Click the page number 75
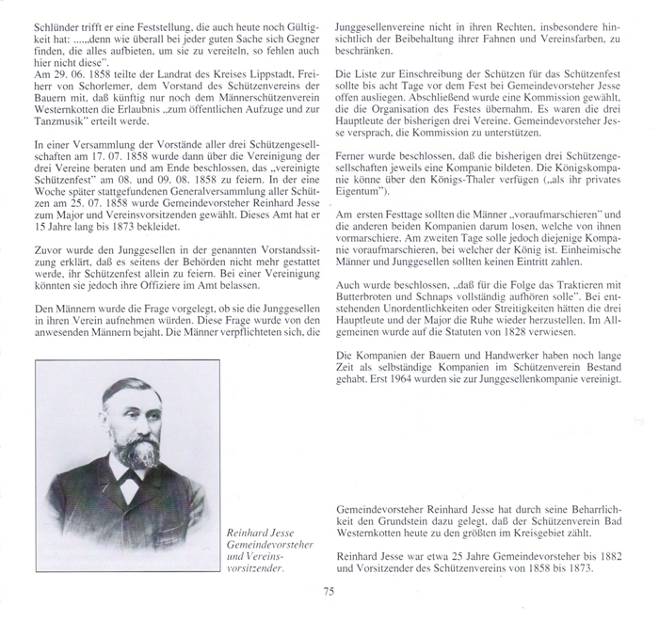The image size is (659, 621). point(328,591)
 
